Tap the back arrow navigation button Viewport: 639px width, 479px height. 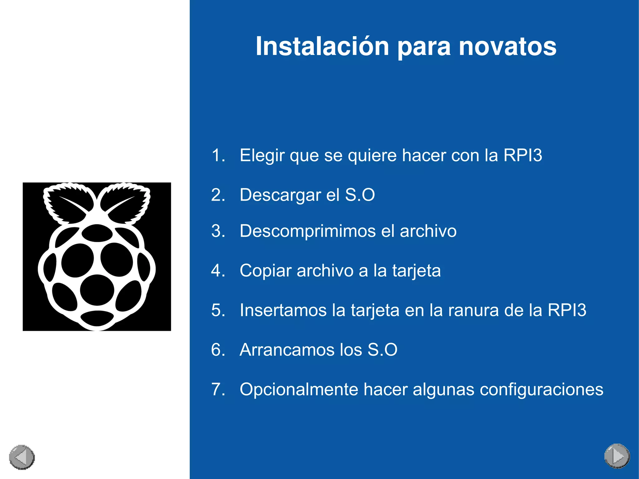[x=22, y=457]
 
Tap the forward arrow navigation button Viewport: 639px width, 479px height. [x=617, y=456]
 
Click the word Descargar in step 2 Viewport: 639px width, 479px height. [x=280, y=195]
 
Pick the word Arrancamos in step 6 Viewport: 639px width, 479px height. [x=287, y=349]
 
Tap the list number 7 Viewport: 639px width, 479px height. [x=217, y=389]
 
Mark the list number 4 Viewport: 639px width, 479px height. [x=217, y=271]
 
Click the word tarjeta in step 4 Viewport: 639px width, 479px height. [x=416, y=271]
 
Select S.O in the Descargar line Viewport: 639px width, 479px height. [x=360, y=195]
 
